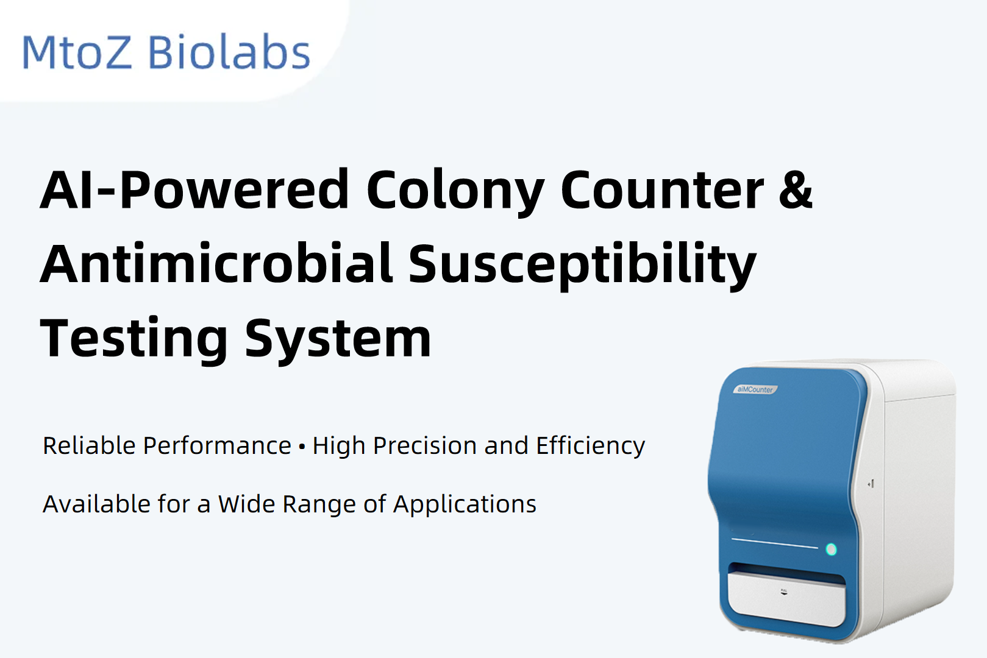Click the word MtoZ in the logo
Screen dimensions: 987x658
(x=77, y=52)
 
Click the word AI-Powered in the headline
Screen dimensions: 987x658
(x=194, y=190)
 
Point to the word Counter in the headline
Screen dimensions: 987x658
(x=662, y=190)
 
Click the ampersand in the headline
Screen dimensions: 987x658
(x=796, y=190)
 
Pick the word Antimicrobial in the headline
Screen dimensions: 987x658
(x=216, y=263)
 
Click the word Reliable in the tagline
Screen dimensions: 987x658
(x=89, y=445)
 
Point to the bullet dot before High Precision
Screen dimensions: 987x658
(x=302, y=447)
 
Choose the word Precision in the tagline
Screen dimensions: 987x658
(x=425, y=445)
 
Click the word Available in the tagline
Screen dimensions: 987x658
(x=96, y=504)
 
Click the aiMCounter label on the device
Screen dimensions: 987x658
(x=755, y=389)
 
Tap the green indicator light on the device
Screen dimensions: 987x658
(x=831, y=549)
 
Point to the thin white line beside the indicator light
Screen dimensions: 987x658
(x=775, y=543)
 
